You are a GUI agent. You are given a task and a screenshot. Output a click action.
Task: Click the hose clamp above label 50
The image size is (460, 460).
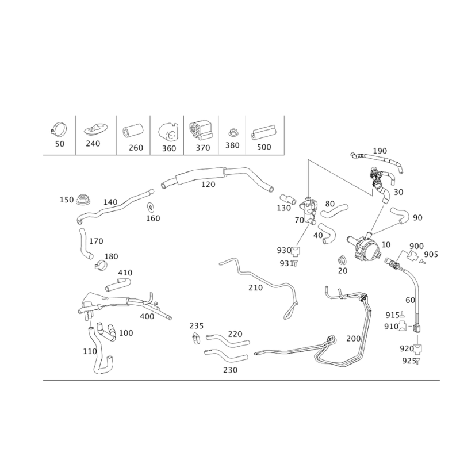[58, 129]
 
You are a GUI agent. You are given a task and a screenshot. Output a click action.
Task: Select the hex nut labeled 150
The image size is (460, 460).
[83, 200]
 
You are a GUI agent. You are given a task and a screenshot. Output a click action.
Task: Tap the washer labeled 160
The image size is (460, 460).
[151, 207]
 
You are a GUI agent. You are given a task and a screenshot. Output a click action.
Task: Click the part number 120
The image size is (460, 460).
[208, 185]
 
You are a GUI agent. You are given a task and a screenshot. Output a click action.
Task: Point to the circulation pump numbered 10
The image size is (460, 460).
[364, 246]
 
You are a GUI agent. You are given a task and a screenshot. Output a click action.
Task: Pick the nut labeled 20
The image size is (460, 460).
[342, 260]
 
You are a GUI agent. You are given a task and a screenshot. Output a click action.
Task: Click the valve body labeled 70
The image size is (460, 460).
[309, 211]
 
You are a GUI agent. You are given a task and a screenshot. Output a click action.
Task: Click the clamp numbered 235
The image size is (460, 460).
[196, 339]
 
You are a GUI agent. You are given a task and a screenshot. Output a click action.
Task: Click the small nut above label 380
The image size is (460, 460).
[233, 133]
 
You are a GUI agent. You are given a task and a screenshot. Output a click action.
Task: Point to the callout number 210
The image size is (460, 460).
[255, 288]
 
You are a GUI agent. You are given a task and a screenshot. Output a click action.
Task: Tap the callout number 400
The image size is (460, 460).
[147, 317]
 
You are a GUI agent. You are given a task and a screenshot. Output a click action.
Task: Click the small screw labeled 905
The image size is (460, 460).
[422, 261]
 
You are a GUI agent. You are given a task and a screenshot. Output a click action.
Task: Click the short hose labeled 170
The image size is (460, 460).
[85, 243]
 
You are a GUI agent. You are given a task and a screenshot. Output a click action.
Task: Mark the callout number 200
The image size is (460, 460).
[354, 339]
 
